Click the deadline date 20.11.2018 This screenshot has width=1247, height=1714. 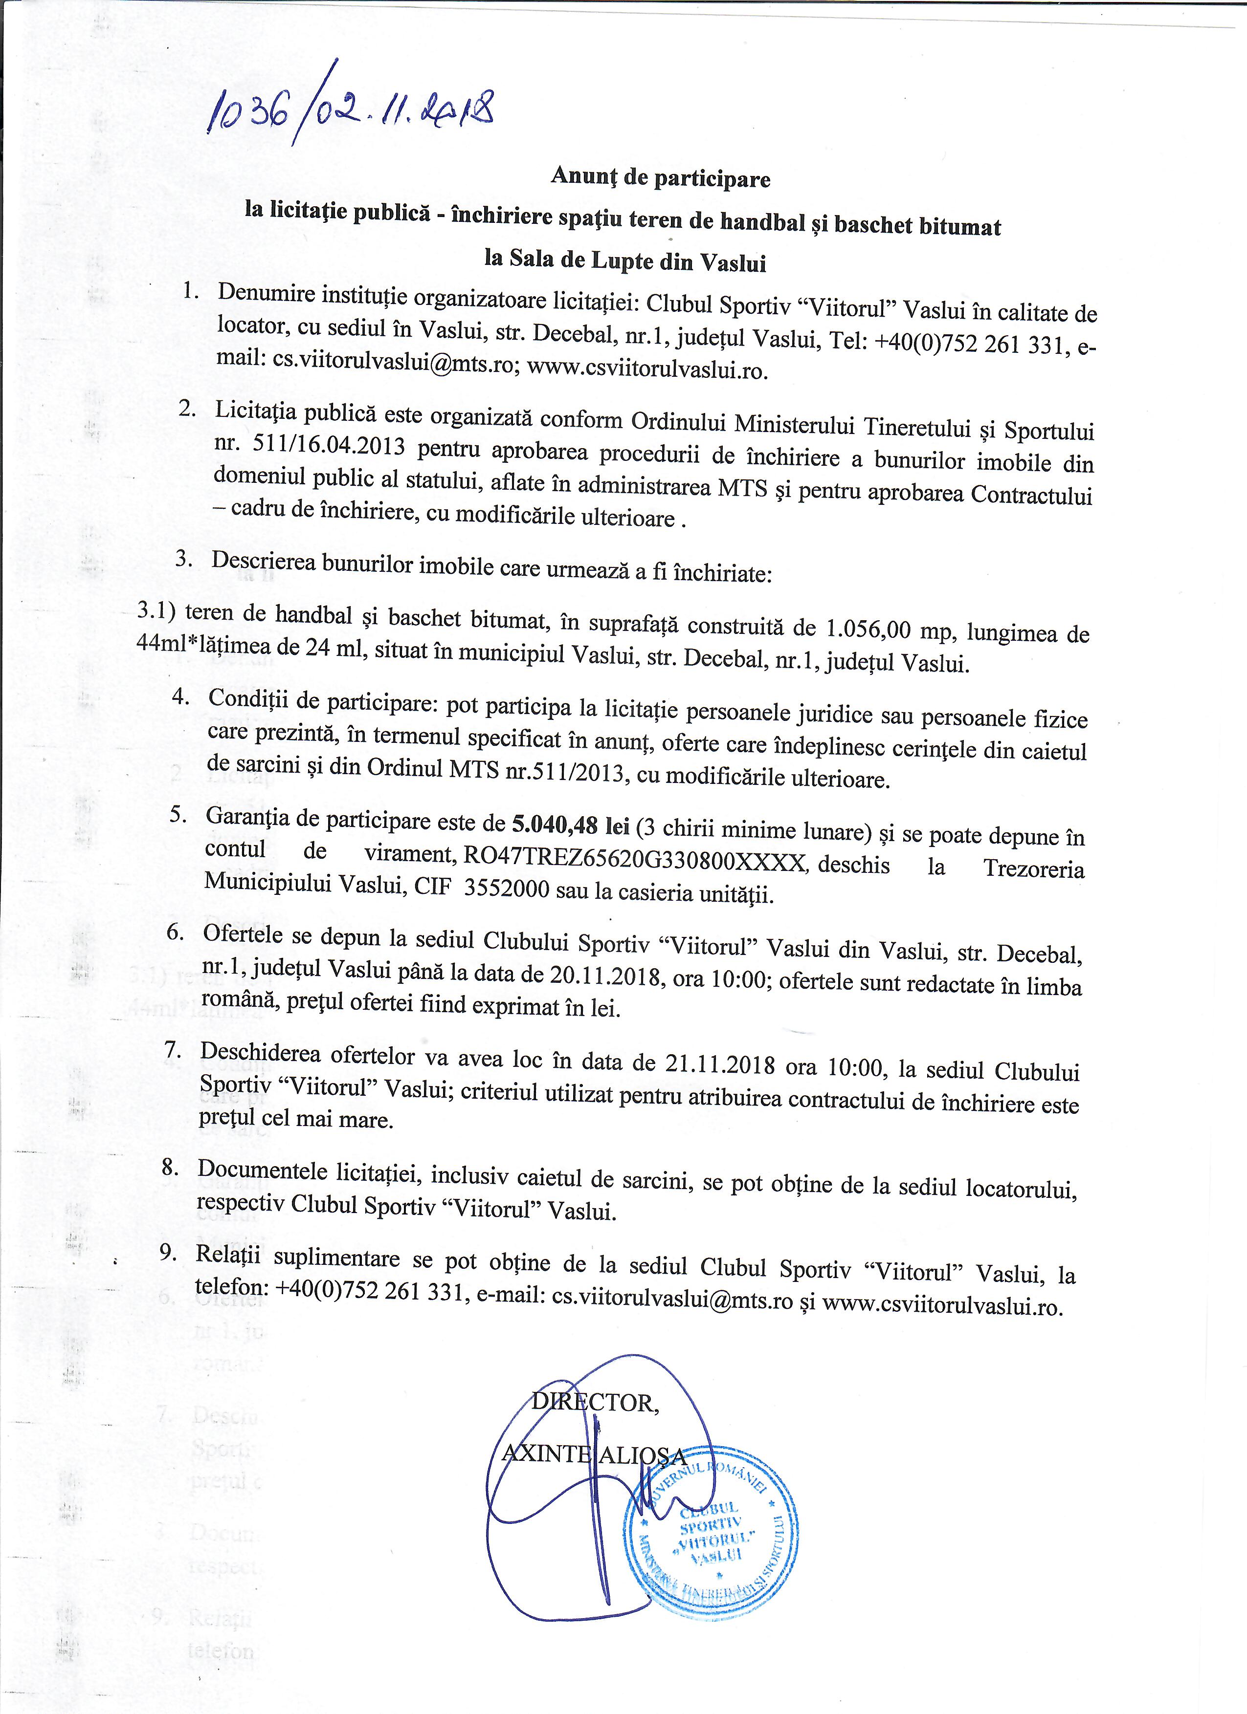604,974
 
